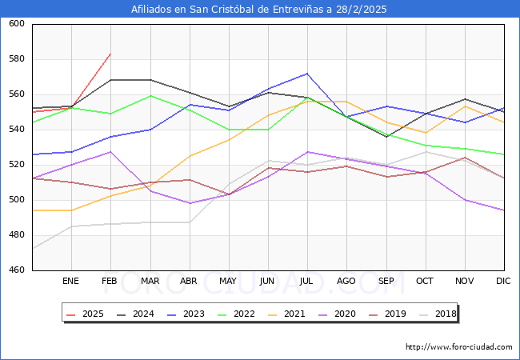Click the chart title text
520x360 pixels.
[260, 10]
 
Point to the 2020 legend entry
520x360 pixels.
[338, 314]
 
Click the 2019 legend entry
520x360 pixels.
[388, 314]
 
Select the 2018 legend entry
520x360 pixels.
[438, 314]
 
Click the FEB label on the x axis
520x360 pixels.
[110, 281]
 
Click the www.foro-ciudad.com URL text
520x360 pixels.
[459, 347]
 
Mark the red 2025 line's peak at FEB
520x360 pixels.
[110, 54]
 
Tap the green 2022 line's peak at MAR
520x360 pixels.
[150, 96]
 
